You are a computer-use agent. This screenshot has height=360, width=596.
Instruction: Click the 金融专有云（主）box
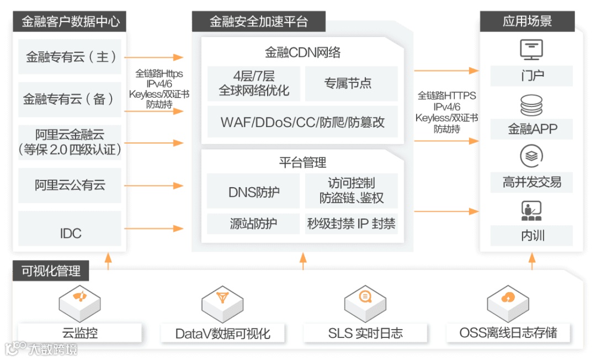click(x=70, y=57)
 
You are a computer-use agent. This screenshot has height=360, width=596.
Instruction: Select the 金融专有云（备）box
click(x=70, y=99)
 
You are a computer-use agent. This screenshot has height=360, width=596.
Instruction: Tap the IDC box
click(x=70, y=233)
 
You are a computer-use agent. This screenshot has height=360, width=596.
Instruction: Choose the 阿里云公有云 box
click(x=70, y=185)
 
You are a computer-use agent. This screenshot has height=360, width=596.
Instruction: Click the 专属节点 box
click(x=351, y=83)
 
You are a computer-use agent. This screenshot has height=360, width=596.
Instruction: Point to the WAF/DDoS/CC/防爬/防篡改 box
click(x=302, y=121)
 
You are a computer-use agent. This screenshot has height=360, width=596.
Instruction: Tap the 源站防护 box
click(x=253, y=224)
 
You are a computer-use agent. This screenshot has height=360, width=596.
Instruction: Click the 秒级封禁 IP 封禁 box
click(x=351, y=224)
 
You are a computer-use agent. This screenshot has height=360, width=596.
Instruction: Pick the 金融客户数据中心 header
click(x=70, y=22)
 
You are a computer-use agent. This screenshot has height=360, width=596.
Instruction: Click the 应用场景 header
click(x=527, y=22)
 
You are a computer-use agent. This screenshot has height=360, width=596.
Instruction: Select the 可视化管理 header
click(x=51, y=271)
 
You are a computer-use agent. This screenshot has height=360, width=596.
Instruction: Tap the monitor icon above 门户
click(x=531, y=50)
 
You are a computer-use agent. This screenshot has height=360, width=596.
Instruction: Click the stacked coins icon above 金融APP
click(x=531, y=105)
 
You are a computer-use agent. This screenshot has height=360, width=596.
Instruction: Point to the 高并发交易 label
click(x=531, y=182)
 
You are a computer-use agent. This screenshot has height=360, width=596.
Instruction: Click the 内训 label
click(x=531, y=236)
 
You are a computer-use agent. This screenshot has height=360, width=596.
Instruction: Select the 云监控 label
click(x=80, y=333)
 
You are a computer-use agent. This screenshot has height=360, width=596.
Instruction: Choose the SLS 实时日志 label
click(x=365, y=333)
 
